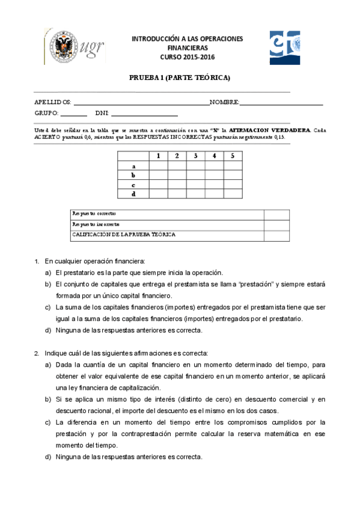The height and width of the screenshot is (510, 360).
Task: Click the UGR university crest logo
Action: pos(61,46)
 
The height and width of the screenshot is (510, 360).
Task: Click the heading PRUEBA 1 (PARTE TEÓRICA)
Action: pos(180,78)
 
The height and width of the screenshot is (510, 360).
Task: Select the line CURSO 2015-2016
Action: pos(187,57)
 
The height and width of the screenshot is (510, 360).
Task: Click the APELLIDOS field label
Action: pos(53,102)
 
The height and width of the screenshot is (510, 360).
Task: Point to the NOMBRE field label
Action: pos(225,102)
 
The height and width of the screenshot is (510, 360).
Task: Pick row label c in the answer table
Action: pos(133,185)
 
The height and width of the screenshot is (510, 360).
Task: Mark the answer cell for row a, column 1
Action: pos(158,166)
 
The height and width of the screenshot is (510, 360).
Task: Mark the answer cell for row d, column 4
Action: pos(214,194)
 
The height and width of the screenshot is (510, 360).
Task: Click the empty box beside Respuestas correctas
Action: pos(276,214)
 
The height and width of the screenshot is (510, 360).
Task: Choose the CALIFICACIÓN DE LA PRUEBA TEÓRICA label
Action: pos(124,235)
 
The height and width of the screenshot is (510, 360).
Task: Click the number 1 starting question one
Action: pos(37,262)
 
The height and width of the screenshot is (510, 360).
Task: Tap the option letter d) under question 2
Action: pos(48,456)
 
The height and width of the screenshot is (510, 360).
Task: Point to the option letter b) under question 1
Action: pos(48,284)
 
